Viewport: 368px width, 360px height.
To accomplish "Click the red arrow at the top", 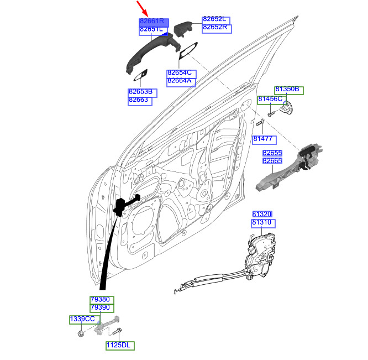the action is (x=142, y=8).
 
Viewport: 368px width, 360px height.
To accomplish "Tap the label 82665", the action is (x=272, y=160).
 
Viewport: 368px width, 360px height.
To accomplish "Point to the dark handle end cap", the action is (x=183, y=29).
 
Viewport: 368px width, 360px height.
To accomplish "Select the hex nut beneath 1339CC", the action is (x=81, y=333).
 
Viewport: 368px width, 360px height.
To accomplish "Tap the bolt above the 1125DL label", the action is (x=117, y=332).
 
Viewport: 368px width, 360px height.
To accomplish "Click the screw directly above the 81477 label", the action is (x=260, y=123).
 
